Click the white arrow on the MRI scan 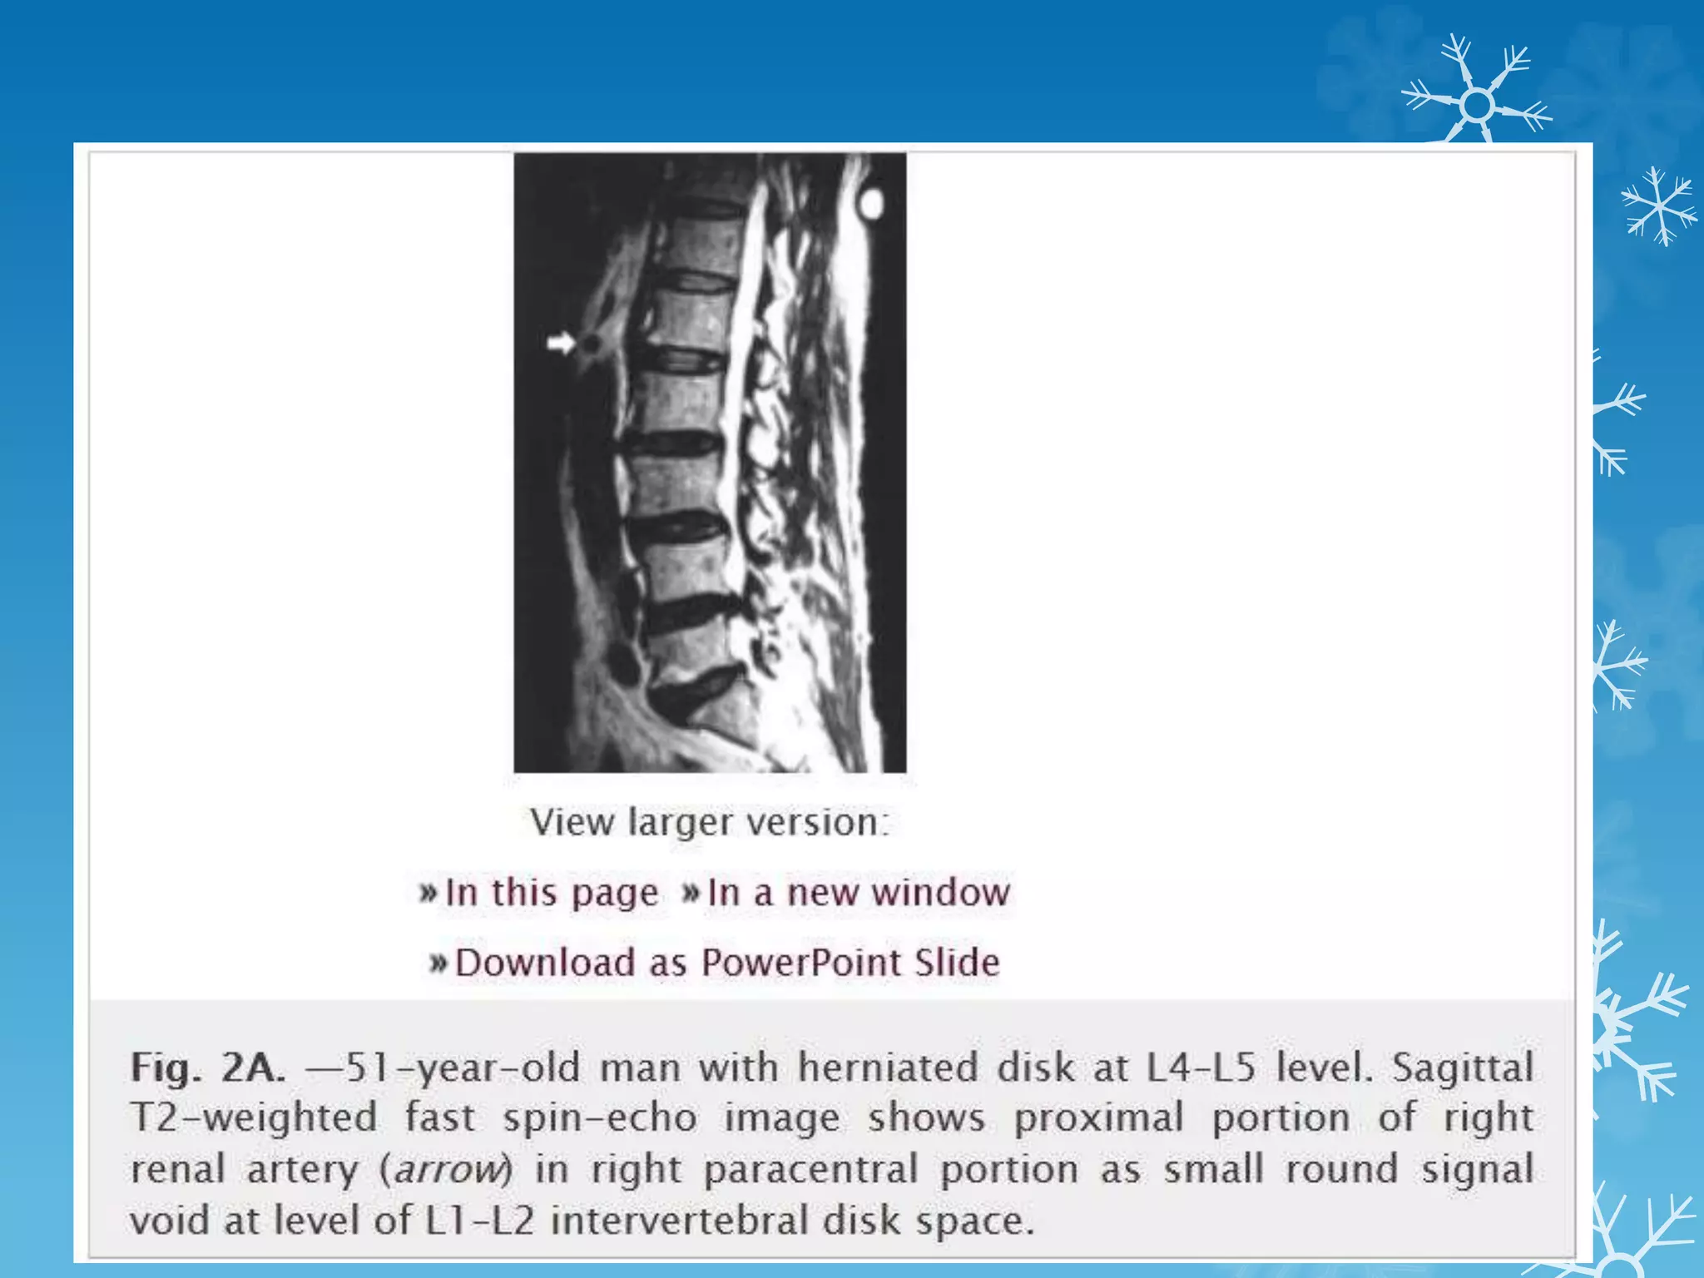pos(562,343)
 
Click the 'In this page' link pos(551,893)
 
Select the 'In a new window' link pos(858,893)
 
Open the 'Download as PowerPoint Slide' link pos(726,963)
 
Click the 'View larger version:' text pos(710,822)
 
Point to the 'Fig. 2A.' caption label pos(208,1067)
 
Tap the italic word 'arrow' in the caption pos(449,1169)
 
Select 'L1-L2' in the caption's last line pos(479,1221)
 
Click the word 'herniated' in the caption pos(888,1067)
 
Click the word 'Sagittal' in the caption pos(1462,1067)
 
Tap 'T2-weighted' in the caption pos(254,1117)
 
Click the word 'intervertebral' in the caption pos(679,1221)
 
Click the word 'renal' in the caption pos(178,1169)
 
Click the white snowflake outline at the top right pos(1477,105)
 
